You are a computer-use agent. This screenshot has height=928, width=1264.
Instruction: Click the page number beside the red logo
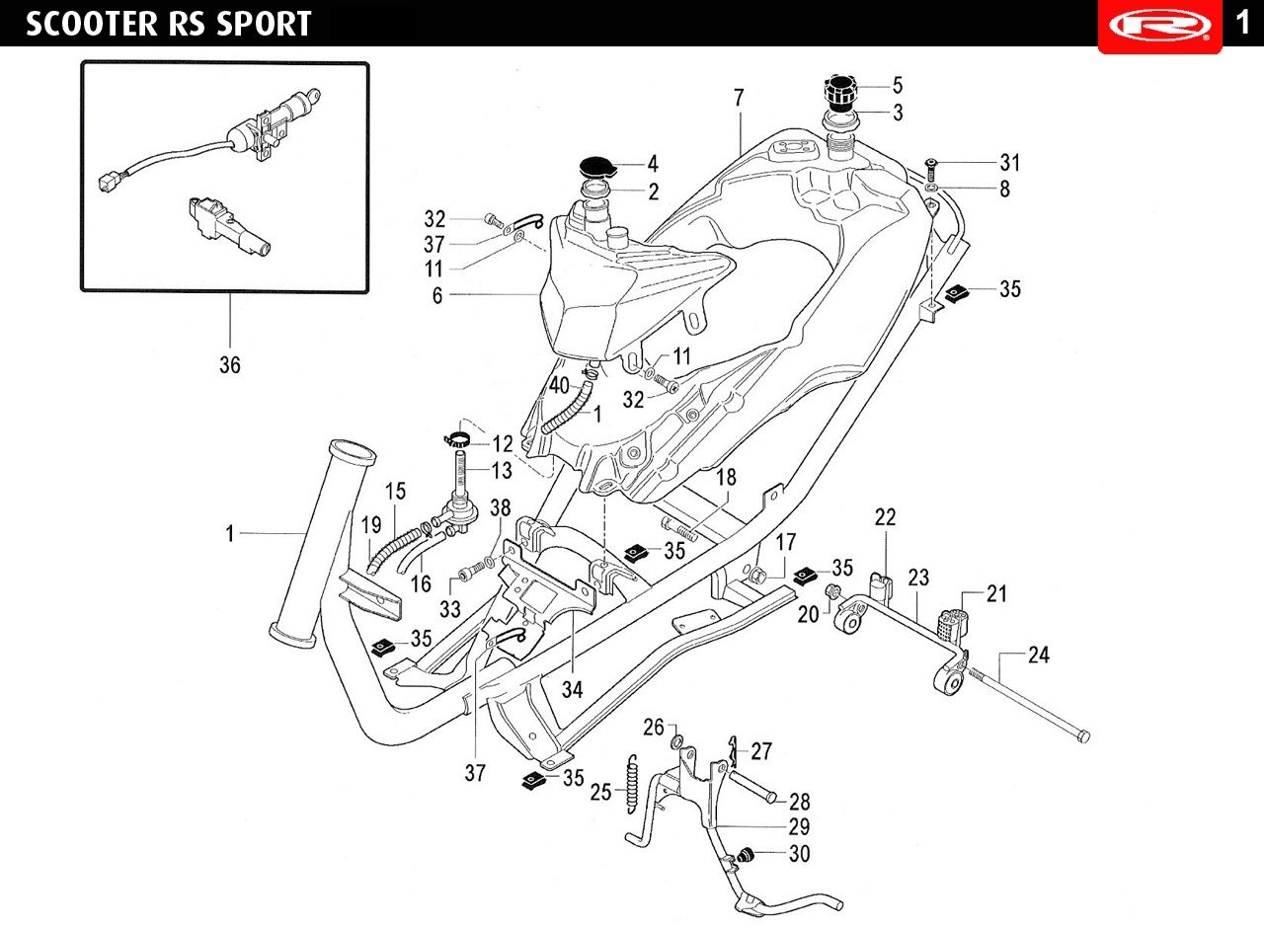tap(1242, 22)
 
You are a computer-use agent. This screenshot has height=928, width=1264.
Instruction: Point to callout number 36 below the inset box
tap(229, 365)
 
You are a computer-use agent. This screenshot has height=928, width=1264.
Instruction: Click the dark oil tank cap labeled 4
tap(594, 164)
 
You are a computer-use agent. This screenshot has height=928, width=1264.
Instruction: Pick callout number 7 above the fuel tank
tap(739, 98)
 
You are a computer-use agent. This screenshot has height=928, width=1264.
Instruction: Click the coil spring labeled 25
tap(630, 784)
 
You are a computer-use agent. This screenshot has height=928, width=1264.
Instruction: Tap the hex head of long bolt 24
tap(1083, 736)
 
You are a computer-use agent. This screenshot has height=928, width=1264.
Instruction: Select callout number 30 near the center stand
tap(799, 854)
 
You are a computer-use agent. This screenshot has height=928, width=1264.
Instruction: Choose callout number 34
tap(573, 690)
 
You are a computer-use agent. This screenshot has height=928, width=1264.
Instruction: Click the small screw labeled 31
tap(931, 163)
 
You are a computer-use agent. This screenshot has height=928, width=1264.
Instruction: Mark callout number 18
tap(726, 478)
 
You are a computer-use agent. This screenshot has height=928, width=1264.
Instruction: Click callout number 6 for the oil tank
tap(437, 295)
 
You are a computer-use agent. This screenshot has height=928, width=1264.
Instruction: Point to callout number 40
tap(559, 384)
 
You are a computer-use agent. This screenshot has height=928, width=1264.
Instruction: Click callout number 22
tap(885, 517)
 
